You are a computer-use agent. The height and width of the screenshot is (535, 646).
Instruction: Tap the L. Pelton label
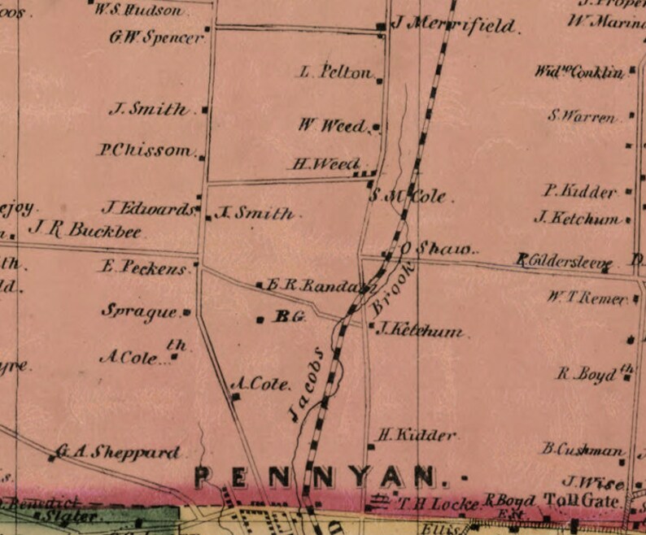(x=335, y=72)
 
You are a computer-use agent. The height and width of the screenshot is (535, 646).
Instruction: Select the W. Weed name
(x=333, y=125)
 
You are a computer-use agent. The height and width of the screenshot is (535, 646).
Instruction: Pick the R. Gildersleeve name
(x=563, y=261)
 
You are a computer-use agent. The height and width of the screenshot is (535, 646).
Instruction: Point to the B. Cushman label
(x=583, y=449)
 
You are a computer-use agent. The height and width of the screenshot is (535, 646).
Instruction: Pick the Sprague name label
(x=139, y=311)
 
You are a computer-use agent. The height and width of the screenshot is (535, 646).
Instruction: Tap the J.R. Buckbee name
(x=85, y=230)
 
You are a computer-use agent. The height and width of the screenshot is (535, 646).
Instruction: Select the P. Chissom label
(x=147, y=150)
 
